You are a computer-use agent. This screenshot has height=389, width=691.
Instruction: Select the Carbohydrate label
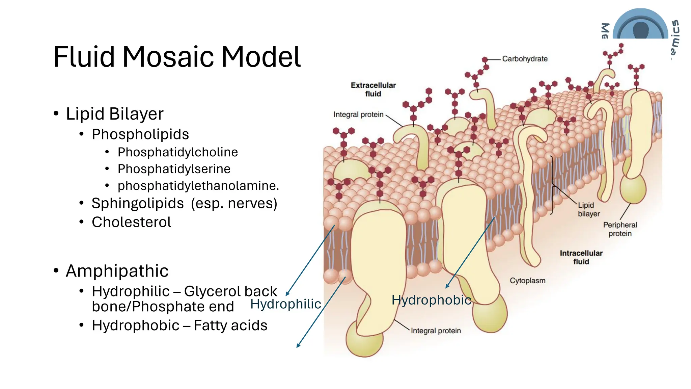[525, 59]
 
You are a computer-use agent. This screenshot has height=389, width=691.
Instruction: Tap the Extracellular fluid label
[373, 89]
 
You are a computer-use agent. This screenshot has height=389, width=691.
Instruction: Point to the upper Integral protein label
[358, 114]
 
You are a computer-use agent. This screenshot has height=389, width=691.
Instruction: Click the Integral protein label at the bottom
[436, 331]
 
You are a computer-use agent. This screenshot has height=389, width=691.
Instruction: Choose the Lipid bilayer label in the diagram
[588, 209]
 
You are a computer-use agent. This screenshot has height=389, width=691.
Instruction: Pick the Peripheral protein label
[620, 229]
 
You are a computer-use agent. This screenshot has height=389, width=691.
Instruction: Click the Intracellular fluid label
[581, 257]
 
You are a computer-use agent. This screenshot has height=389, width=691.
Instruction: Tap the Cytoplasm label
[527, 281]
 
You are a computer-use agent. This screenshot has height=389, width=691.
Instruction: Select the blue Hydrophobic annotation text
[431, 300]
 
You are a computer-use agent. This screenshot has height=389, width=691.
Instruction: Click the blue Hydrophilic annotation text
[285, 304]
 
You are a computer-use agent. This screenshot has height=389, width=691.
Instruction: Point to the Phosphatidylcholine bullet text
[177, 152]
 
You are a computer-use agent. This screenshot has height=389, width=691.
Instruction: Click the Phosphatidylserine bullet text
[174, 169]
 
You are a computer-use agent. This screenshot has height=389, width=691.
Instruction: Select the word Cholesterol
[131, 222]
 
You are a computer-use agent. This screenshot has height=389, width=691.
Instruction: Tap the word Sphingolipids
[138, 203]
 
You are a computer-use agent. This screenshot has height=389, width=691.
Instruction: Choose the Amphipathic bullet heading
[117, 271]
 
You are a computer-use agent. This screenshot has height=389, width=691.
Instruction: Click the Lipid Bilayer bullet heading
[114, 114]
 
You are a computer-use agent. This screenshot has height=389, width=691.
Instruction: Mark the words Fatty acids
[230, 326]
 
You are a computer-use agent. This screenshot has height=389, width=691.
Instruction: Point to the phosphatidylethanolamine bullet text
[198, 186]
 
